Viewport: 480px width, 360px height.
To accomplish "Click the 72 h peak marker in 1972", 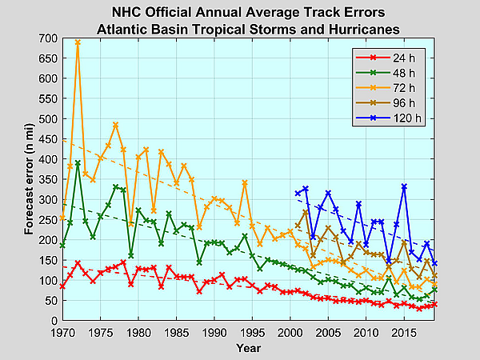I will (x=78, y=42).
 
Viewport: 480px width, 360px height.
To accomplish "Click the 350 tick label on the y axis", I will (x=47, y=180).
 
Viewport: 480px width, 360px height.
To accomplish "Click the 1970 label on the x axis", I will (x=62, y=332).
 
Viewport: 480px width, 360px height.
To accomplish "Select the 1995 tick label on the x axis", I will (x=252, y=332).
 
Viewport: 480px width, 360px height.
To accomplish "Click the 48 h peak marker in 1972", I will (x=78, y=163).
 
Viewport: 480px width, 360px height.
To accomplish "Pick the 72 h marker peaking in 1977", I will (x=115, y=125).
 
